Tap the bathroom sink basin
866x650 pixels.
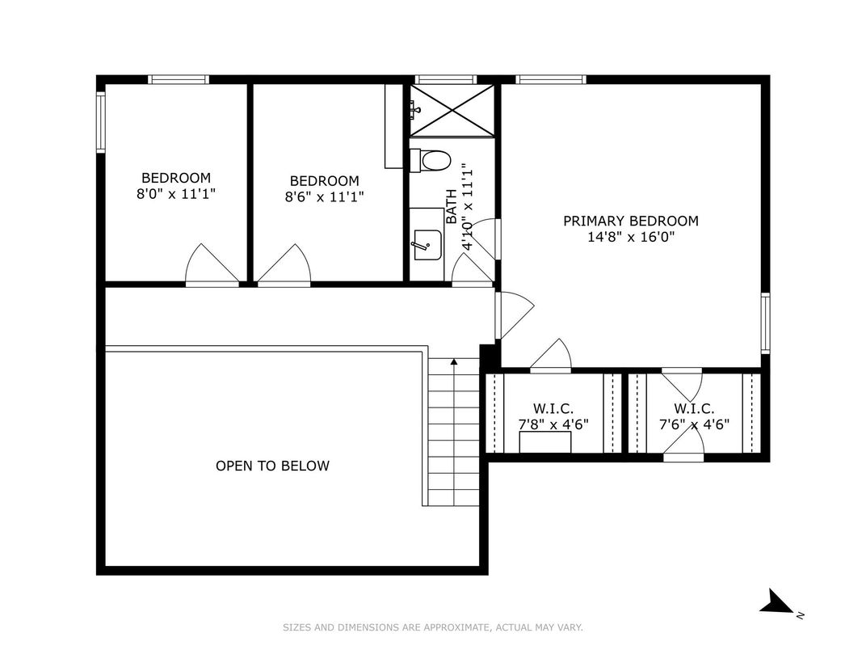click(x=427, y=245)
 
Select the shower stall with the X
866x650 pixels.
click(x=452, y=110)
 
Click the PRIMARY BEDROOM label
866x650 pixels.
click(x=631, y=221)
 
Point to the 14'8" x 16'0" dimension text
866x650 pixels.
click(x=631, y=237)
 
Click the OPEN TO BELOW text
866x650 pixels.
click(x=272, y=466)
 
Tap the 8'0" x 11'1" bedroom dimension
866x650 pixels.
click(x=175, y=194)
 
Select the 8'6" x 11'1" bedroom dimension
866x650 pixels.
click(x=324, y=196)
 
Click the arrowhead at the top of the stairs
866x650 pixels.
click(x=453, y=362)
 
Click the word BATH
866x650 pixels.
click(x=452, y=207)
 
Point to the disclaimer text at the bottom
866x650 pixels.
click(x=433, y=627)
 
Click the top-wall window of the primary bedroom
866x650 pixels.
click(x=550, y=79)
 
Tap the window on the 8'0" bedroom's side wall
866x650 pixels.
click(x=100, y=121)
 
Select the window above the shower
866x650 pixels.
click(x=445, y=79)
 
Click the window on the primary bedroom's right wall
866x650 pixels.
click(x=765, y=323)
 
